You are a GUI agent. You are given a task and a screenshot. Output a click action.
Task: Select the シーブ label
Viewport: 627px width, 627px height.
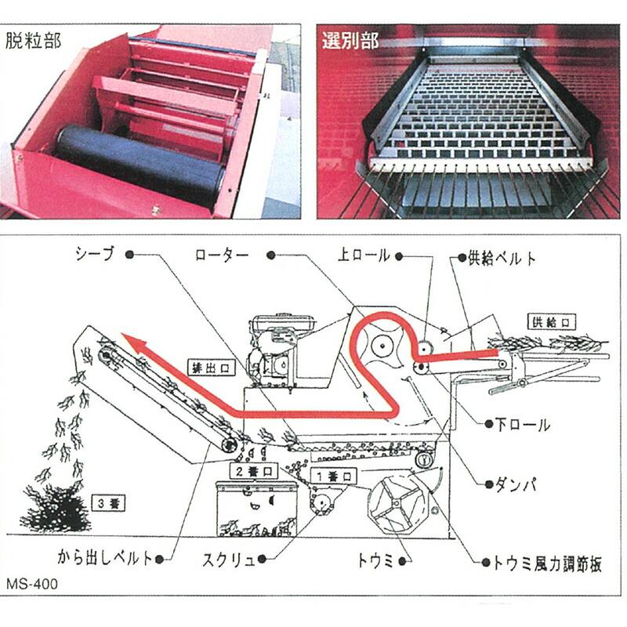coord(95,254)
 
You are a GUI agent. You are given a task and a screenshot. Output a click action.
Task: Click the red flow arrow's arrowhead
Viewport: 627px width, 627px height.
coord(133,342)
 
